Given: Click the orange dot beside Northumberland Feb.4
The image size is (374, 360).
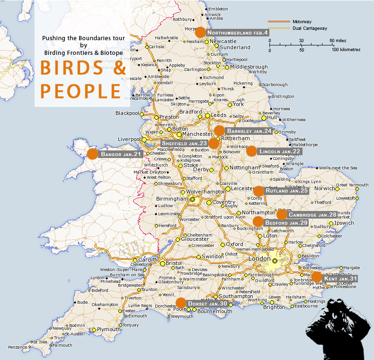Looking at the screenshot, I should pyautogui.click(x=200, y=32).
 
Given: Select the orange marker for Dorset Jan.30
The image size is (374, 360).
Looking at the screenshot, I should pyautogui.click(x=181, y=303).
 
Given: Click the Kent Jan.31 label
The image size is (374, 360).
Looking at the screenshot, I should pyautogui.click(x=340, y=279).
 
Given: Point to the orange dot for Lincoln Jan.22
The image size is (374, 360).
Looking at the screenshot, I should pyautogui.click(x=251, y=151).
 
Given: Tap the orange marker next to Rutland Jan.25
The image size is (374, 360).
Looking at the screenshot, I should pyautogui.click(x=258, y=191).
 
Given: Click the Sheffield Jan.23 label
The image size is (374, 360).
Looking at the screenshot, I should pyautogui.click(x=184, y=143).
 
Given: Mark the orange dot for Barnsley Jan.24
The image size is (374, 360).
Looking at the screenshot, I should pyautogui.click(x=219, y=131).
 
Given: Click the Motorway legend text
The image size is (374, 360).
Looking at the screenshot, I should pyautogui.click(x=302, y=22).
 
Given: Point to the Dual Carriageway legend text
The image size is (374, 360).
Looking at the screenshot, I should pyautogui.click(x=310, y=28).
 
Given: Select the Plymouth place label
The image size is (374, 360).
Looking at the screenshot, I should pyautogui.click(x=108, y=329).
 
